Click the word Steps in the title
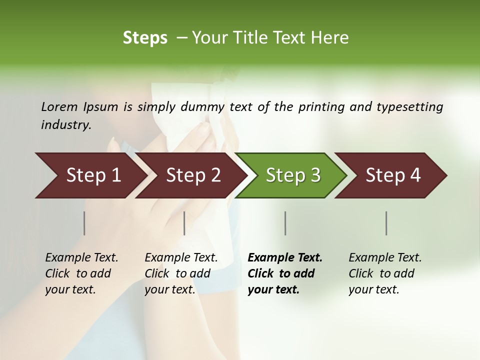pos(145,38)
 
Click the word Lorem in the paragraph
pos(59,106)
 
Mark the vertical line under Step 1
pos(84,223)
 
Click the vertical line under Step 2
pos(184,223)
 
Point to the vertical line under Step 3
pos(285,223)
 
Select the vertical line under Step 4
pos(386,223)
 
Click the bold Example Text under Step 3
pos(285,258)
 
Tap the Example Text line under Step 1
pos(81,258)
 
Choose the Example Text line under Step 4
pos(385,258)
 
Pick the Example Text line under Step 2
pos(181,258)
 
